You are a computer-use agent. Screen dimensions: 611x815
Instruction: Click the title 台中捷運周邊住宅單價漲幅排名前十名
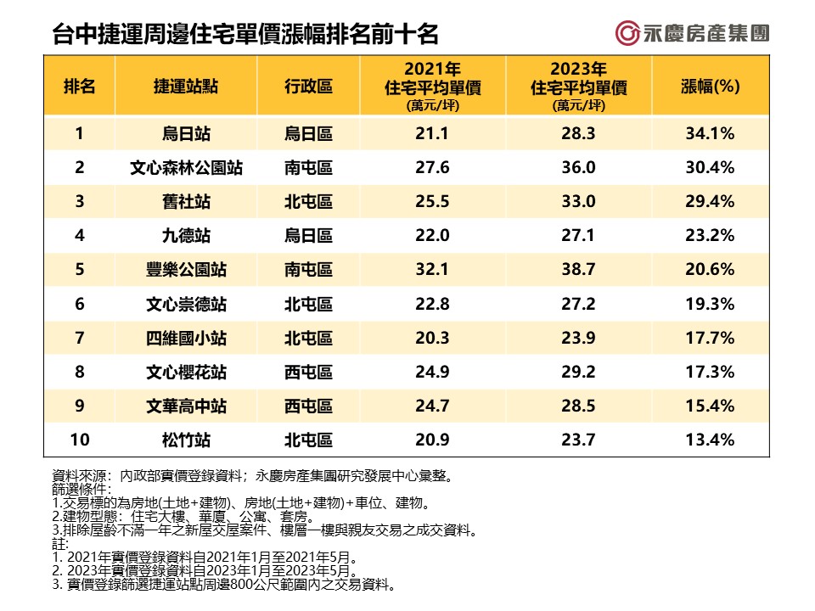[245, 35]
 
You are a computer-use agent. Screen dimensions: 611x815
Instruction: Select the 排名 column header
[79, 86]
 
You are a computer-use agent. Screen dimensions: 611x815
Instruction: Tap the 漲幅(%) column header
[711, 86]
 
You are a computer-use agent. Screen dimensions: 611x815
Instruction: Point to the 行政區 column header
[308, 86]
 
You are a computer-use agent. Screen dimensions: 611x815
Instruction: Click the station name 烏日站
[186, 133]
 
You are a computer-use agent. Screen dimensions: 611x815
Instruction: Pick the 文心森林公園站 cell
[186, 167]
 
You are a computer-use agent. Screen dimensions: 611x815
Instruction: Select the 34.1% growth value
[711, 133]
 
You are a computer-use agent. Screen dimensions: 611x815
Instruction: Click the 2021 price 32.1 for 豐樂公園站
[432, 270]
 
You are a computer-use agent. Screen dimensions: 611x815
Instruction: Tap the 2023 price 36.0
[578, 167]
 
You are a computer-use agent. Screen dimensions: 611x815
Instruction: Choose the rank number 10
[79, 440]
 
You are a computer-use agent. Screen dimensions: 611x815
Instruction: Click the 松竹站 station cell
[186, 440]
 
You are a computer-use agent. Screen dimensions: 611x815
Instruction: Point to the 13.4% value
[711, 440]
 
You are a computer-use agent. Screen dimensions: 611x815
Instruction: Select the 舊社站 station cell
[186, 201]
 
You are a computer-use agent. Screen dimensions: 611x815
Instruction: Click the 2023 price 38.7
[578, 270]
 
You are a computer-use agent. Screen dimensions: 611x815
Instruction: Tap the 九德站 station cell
[186, 235]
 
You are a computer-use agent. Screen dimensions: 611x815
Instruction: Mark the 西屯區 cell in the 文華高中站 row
[308, 406]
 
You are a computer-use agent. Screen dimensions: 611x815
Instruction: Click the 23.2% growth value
[711, 235]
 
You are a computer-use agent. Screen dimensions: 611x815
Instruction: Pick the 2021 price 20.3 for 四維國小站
[432, 338]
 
